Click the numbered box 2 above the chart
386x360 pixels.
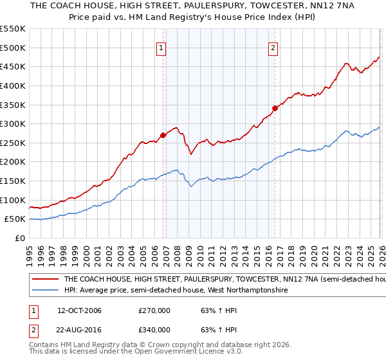[273, 47]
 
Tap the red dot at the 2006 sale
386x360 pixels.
[163, 135]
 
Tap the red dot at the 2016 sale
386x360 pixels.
[275, 108]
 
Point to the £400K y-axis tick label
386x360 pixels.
[13, 85]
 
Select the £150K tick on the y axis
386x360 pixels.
[13, 181]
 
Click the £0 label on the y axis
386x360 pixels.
[19, 239]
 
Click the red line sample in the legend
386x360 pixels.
[45, 280]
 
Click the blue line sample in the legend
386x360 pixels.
[45, 291]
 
